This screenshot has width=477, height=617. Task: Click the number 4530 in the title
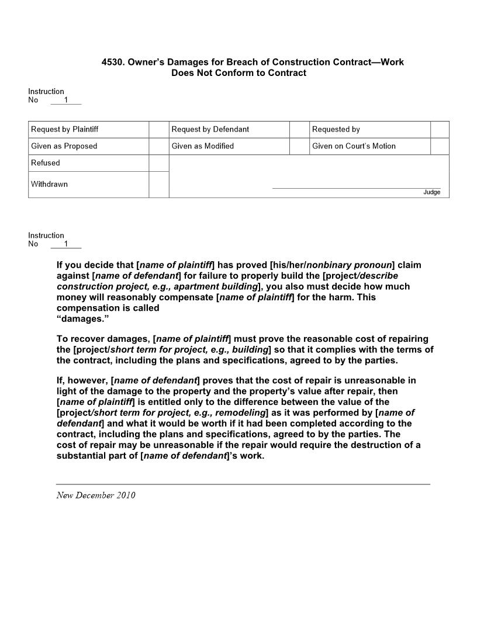click(113, 62)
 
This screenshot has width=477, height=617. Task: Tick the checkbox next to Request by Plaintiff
click(158, 129)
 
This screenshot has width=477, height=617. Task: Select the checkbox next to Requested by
click(440, 129)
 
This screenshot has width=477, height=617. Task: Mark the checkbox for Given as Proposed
click(158, 146)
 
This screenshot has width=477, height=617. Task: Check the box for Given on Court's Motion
click(440, 146)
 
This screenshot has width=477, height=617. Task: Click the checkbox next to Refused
click(158, 163)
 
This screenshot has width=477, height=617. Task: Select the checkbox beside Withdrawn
click(158, 184)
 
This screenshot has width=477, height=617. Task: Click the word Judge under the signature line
click(431, 192)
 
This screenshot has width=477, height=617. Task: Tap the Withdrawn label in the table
click(49, 184)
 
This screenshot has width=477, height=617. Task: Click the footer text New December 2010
click(96, 495)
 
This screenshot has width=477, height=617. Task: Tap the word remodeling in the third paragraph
click(239, 413)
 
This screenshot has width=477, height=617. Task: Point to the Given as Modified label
click(202, 146)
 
